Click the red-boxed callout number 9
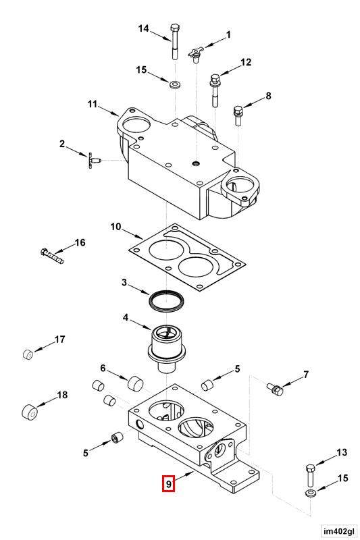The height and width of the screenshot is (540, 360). click(x=168, y=483)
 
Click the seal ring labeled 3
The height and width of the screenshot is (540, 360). click(x=166, y=298)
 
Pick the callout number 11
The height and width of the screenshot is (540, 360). click(x=93, y=104)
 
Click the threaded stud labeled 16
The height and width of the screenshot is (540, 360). click(x=52, y=256)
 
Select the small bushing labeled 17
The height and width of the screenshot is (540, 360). click(x=28, y=354)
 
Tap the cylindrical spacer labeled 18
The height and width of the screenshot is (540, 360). click(x=30, y=412)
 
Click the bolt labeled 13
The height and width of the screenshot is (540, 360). click(x=310, y=475)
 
